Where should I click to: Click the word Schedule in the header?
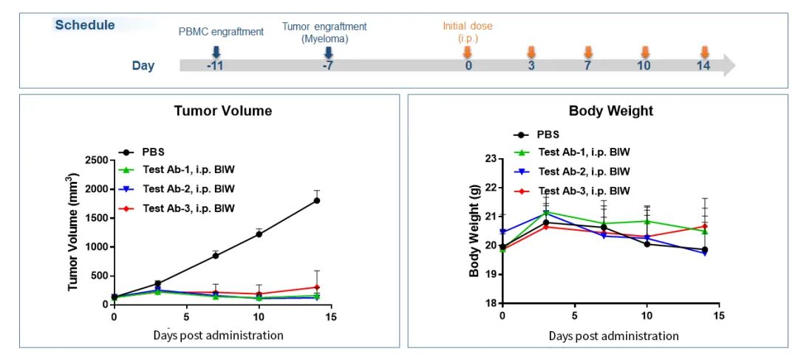pyautogui.click(x=85, y=25)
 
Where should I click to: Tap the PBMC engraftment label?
pyautogui.click(x=221, y=32)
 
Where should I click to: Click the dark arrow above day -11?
pyautogui.click(x=216, y=52)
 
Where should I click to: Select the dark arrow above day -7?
pyautogui.click(x=329, y=52)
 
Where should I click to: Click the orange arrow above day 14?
pyautogui.click(x=704, y=52)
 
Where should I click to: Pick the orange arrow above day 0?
pyautogui.click(x=468, y=52)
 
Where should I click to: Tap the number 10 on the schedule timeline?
pyautogui.click(x=644, y=66)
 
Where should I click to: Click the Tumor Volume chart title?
pyautogui.click(x=223, y=111)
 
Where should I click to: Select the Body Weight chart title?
pyautogui.click(x=611, y=111)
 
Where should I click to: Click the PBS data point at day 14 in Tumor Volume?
pyautogui.click(x=317, y=200)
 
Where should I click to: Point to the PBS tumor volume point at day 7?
pyautogui.click(x=215, y=256)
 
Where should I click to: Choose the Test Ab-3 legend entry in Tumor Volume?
pyautogui.click(x=177, y=208)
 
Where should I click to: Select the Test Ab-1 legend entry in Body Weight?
pyautogui.click(x=573, y=152)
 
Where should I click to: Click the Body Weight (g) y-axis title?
pyautogui.click(x=475, y=231)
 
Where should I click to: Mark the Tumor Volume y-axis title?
pyautogui.click(x=74, y=231)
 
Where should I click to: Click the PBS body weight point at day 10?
pyautogui.click(x=647, y=244)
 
